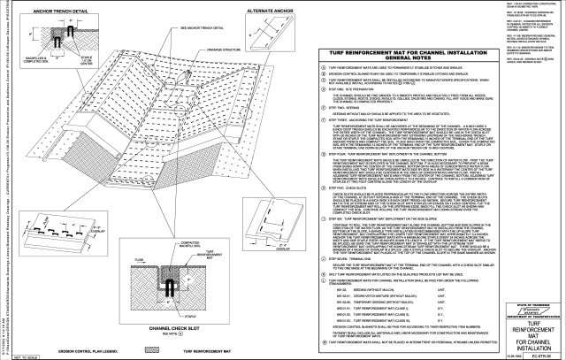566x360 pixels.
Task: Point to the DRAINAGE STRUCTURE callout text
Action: [213, 61]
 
